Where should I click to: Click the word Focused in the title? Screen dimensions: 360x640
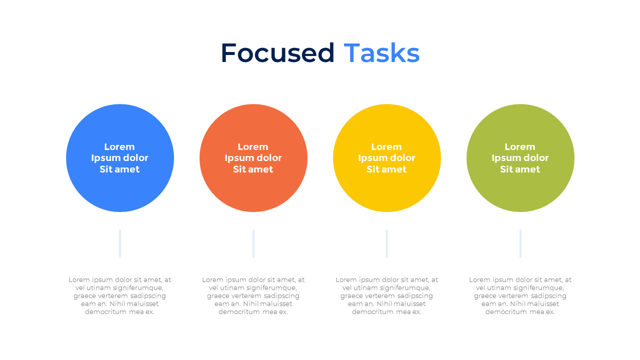[x=277, y=53]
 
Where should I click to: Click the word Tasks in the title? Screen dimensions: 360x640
[x=381, y=53]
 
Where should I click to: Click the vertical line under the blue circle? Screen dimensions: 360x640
[x=120, y=244]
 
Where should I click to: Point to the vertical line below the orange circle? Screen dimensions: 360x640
[x=253, y=244]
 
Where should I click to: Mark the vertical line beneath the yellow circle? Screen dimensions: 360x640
[x=387, y=244]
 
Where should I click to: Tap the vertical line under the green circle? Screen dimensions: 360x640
[x=520, y=244]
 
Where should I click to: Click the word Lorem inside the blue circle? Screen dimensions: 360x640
[x=119, y=147]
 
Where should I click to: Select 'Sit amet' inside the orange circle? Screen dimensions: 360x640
[x=253, y=169]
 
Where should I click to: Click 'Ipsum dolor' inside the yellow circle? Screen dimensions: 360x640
[x=386, y=158]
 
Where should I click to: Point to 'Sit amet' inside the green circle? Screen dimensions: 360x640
[x=520, y=169]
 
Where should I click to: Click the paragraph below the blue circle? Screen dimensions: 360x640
[x=120, y=295]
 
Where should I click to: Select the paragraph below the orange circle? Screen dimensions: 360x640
[x=253, y=295]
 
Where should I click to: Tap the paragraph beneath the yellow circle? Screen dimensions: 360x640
[x=387, y=295]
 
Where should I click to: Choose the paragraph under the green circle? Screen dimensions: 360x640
[x=520, y=295]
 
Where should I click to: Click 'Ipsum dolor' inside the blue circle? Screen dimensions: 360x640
[x=119, y=158]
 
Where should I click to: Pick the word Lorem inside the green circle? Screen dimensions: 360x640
[x=520, y=147]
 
